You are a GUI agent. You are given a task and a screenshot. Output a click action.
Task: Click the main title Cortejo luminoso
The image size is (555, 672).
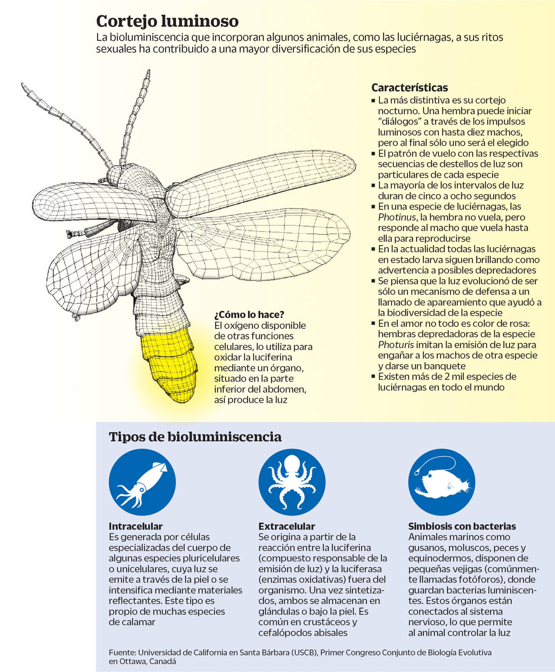[x=167, y=21]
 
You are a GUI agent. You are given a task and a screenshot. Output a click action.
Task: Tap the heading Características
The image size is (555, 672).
[x=409, y=88]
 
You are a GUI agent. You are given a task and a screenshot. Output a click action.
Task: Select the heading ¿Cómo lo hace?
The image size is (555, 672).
[x=249, y=314]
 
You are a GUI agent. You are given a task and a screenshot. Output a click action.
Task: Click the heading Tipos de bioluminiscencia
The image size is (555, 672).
[x=195, y=437]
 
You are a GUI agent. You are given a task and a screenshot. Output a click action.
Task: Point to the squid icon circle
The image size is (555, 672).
[x=142, y=482]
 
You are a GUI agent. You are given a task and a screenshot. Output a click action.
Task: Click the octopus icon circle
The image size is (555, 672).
[x=292, y=482]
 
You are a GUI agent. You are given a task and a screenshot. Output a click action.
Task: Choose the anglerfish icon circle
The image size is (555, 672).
[x=442, y=482]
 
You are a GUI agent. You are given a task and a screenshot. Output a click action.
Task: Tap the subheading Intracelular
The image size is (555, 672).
[x=135, y=526]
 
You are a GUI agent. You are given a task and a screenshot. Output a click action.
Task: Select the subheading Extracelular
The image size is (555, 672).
[x=287, y=526]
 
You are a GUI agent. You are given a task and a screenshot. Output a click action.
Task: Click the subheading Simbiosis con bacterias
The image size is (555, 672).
[x=462, y=526]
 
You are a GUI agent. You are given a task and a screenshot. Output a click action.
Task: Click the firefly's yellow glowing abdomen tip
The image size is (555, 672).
[x=171, y=366]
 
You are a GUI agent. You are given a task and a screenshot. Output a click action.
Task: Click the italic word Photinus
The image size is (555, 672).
[x=397, y=217]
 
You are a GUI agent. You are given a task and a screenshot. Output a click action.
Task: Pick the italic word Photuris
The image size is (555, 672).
[x=396, y=345]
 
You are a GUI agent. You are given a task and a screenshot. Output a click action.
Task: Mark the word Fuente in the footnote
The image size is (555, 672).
[x=122, y=652]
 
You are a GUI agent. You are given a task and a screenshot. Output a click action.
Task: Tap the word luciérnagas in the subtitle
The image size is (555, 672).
[x=423, y=37]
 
